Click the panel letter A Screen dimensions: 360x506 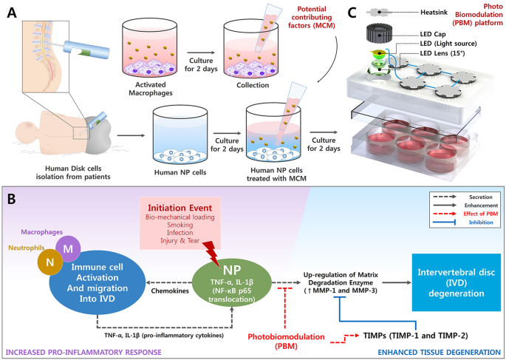tap(12, 13)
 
